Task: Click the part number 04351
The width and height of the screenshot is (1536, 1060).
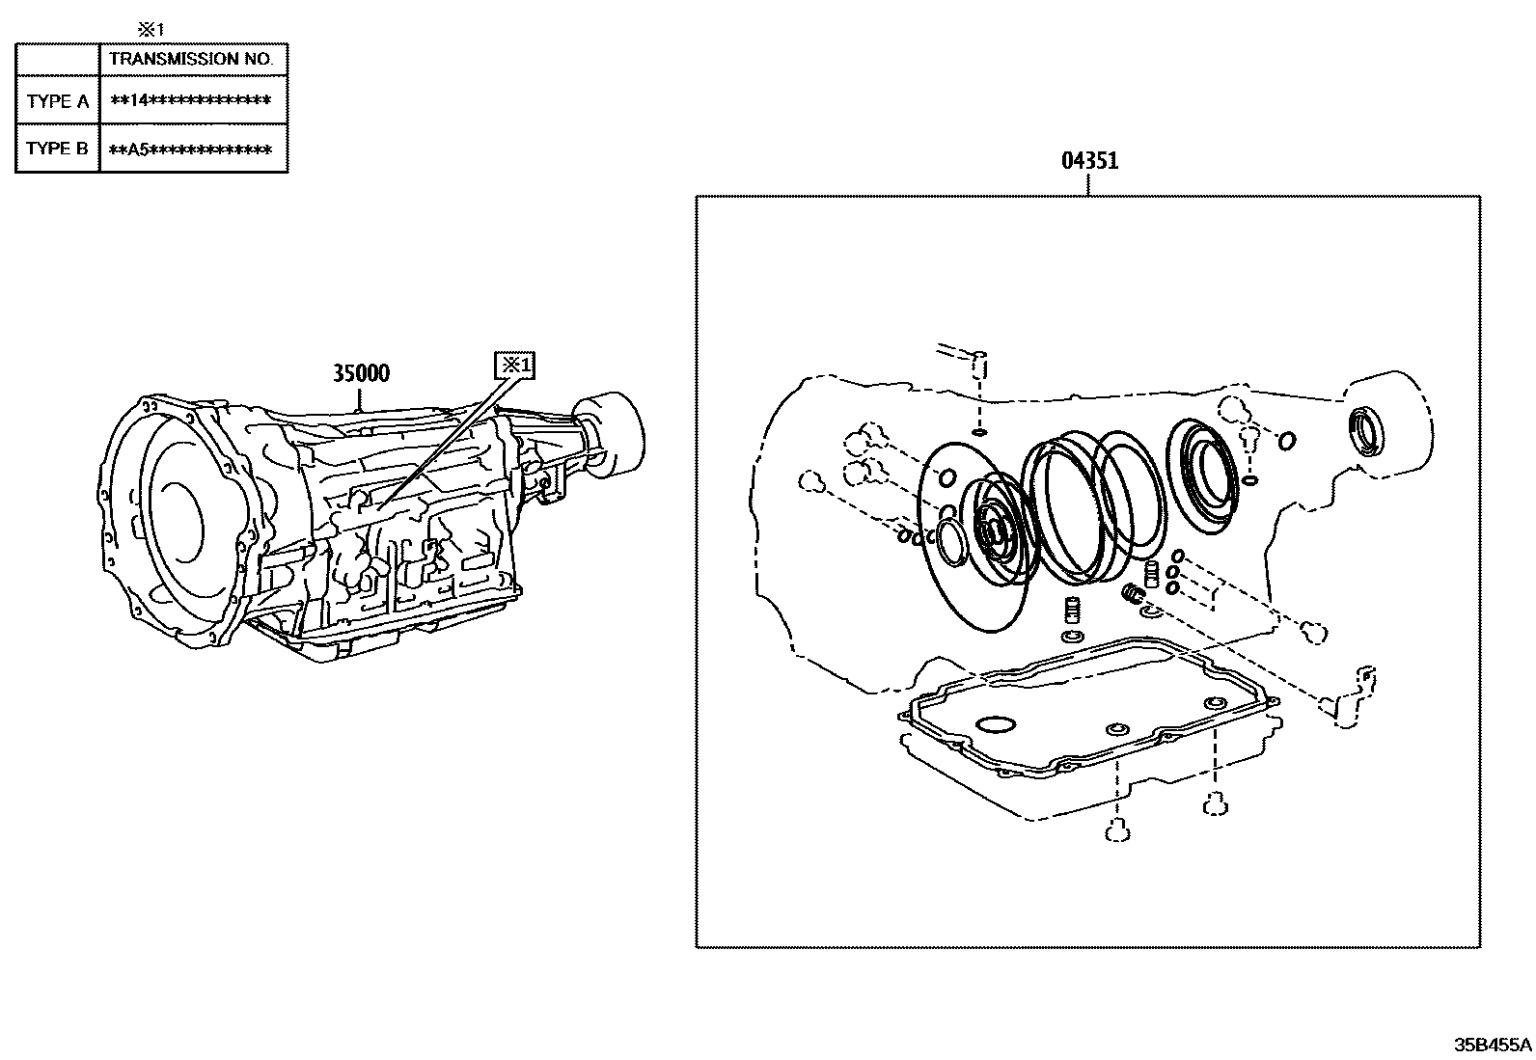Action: click(x=1089, y=161)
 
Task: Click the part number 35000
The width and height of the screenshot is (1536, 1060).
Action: click(x=361, y=373)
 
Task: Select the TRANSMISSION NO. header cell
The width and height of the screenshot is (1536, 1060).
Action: click(x=191, y=59)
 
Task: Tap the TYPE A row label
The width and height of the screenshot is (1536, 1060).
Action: click(x=58, y=101)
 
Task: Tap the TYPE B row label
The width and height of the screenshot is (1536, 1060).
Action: click(x=58, y=149)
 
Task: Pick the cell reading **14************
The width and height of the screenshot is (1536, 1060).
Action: click(x=191, y=101)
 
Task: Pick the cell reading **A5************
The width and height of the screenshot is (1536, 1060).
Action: click(x=191, y=149)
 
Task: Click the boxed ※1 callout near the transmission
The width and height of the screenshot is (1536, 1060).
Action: click(x=513, y=366)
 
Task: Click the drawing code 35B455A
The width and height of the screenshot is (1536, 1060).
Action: click(x=1493, y=1045)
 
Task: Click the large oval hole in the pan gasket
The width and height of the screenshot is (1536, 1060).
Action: click(x=996, y=723)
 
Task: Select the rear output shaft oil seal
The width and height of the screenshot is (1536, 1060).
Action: click(x=1367, y=430)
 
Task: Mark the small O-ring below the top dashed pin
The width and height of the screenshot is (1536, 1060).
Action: click(x=978, y=432)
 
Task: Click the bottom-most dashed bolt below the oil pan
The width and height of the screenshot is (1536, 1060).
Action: click(x=1117, y=829)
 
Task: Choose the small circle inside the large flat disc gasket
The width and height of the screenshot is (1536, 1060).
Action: click(x=946, y=477)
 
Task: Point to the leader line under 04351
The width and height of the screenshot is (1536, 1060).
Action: click(x=1089, y=185)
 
